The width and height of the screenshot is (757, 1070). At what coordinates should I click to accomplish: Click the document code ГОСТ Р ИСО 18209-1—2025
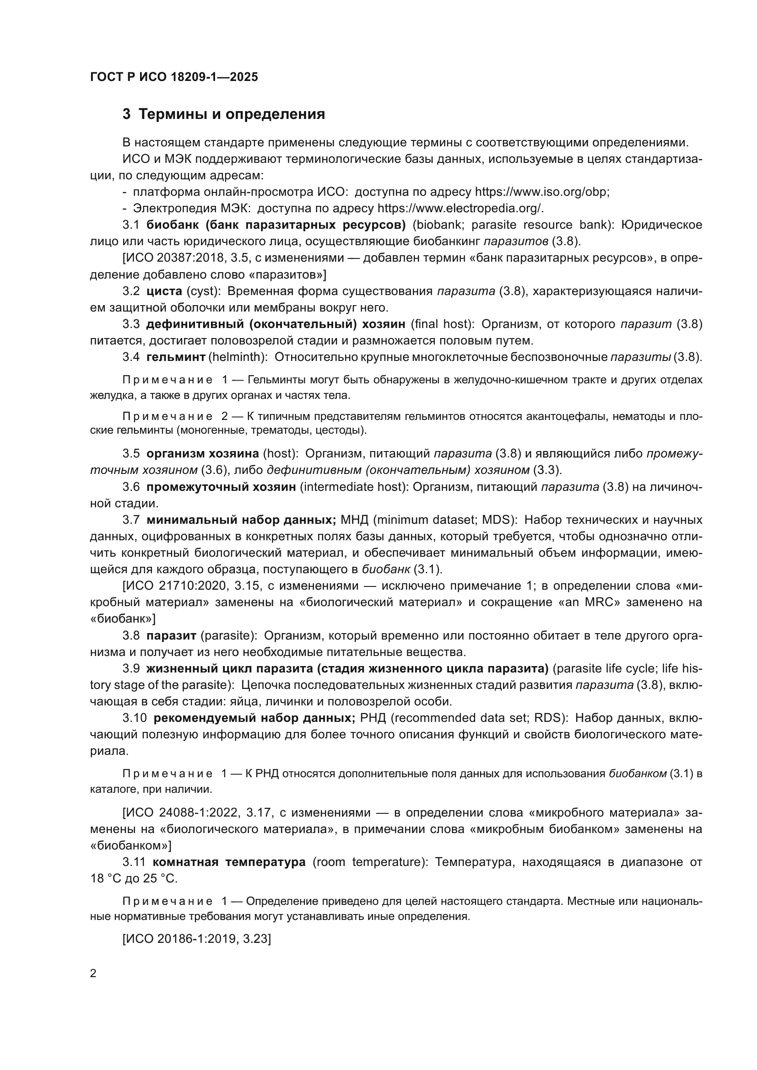click(x=174, y=77)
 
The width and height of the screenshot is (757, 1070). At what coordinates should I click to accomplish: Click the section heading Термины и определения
click(x=232, y=114)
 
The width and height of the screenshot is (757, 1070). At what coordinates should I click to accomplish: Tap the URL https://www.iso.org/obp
click(x=541, y=192)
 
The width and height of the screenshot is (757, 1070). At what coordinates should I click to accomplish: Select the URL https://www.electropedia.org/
click(x=460, y=208)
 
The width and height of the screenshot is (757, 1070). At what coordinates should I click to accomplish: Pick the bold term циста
click(x=164, y=291)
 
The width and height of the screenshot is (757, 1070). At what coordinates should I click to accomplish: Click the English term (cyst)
click(x=203, y=291)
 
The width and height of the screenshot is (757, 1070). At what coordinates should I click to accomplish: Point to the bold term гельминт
click(x=176, y=357)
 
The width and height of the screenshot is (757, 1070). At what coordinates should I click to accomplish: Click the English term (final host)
click(x=444, y=324)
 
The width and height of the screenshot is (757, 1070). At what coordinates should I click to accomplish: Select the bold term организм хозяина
click(x=202, y=453)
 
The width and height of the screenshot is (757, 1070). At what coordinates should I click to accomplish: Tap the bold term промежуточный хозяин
click(x=221, y=487)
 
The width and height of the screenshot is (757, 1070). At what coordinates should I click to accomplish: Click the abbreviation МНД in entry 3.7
click(x=354, y=520)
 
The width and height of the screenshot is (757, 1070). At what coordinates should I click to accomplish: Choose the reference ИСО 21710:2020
click(x=178, y=586)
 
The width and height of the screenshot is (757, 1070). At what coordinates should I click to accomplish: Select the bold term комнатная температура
click(x=229, y=862)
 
